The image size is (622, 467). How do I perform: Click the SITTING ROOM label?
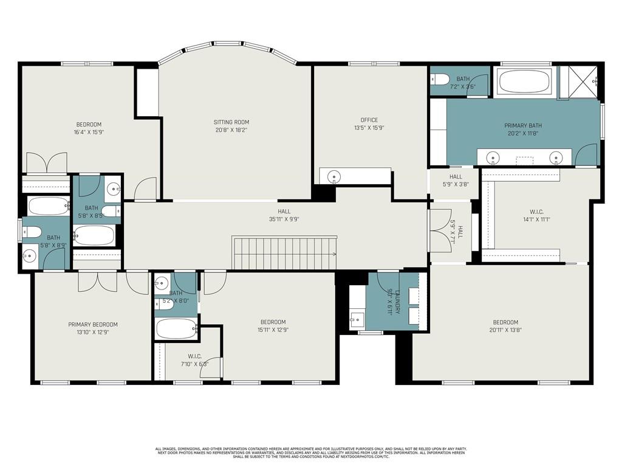pyautogui.click(x=231, y=122)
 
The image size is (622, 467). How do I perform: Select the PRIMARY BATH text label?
pyautogui.click(x=522, y=126)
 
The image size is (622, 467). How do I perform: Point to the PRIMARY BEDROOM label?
pyautogui.click(x=93, y=325)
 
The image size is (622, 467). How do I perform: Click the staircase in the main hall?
pyautogui.click(x=285, y=254)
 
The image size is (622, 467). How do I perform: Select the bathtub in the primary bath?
pyautogui.click(x=524, y=81)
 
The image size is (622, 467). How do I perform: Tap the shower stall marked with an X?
pyautogui.click(x=578, y=81)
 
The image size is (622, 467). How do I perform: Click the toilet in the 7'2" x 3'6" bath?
pyautogui.click(x=440, y=79)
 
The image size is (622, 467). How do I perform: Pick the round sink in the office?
pyautogui.click(x=332, y=177)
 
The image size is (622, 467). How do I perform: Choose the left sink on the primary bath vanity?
pyautogui.click(x=494, y=157)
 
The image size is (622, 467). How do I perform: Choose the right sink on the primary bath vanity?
pyautogui.click(x=555, y=157)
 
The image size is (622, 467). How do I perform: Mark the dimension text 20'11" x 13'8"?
pyautogui.click(x=505, y=330)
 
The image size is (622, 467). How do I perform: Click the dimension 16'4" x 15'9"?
pyautogui.click(x=89, y=132)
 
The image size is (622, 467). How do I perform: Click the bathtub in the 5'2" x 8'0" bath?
pyautogui.click(x=176, y=329)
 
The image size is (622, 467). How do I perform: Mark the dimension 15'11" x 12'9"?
pyautogui.click(x=273, y=330)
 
